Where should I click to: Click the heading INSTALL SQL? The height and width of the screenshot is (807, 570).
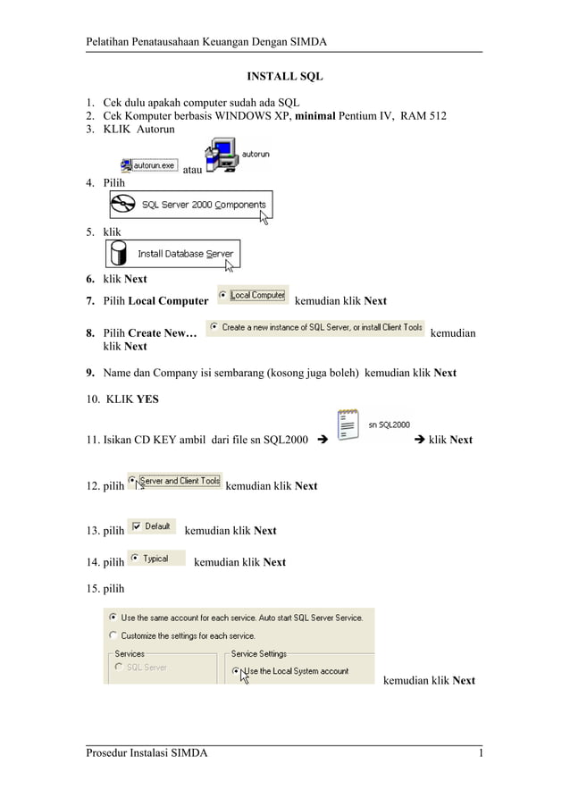pos(284,77)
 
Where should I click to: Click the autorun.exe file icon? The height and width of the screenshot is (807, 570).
pos(127,164)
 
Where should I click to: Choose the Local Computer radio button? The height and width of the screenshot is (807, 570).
pos(222,295)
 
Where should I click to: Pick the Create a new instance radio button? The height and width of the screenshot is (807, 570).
pos(214,327)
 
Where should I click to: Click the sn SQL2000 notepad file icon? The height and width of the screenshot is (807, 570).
pos(348,425)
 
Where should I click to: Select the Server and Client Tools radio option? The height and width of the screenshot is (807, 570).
pos(133,481)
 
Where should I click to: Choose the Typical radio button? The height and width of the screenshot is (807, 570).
pos(135,559)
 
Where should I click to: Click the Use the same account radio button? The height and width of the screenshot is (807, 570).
pos(113,617)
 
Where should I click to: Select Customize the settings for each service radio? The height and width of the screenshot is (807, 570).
pos(113,635)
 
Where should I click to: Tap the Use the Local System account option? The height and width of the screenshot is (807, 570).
pos(236,670)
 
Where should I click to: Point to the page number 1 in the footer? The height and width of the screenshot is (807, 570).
pos(481,753)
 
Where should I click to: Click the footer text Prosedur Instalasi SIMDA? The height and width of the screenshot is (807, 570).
pos(147,753)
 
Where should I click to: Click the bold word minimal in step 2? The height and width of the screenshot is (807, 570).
pos(322,116)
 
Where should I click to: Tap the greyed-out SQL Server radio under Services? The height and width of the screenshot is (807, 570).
pos(117,667)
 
